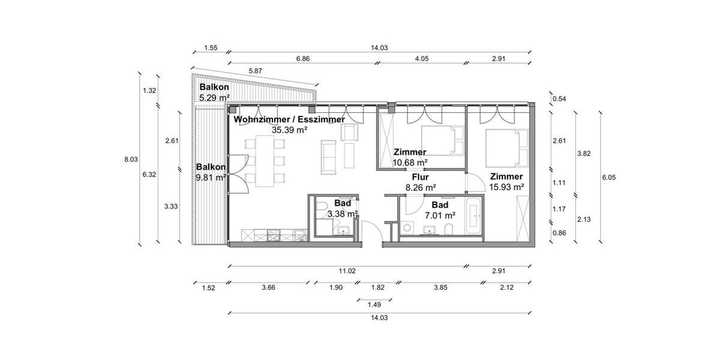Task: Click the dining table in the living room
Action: (x=265, y=161)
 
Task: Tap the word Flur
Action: (x=419, y=178)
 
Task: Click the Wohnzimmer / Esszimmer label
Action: (x=289, y=119)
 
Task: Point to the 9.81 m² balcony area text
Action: (x=211, y=178)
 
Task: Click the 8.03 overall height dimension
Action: (x=130, y=160)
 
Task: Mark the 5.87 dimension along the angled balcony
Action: (x=256, y=71)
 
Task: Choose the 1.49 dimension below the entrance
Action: (x=373, y=305)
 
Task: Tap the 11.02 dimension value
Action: (x=347, y=271)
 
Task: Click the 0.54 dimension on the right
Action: (x=559, y=99)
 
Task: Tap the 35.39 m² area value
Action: (x=289, y=129)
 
